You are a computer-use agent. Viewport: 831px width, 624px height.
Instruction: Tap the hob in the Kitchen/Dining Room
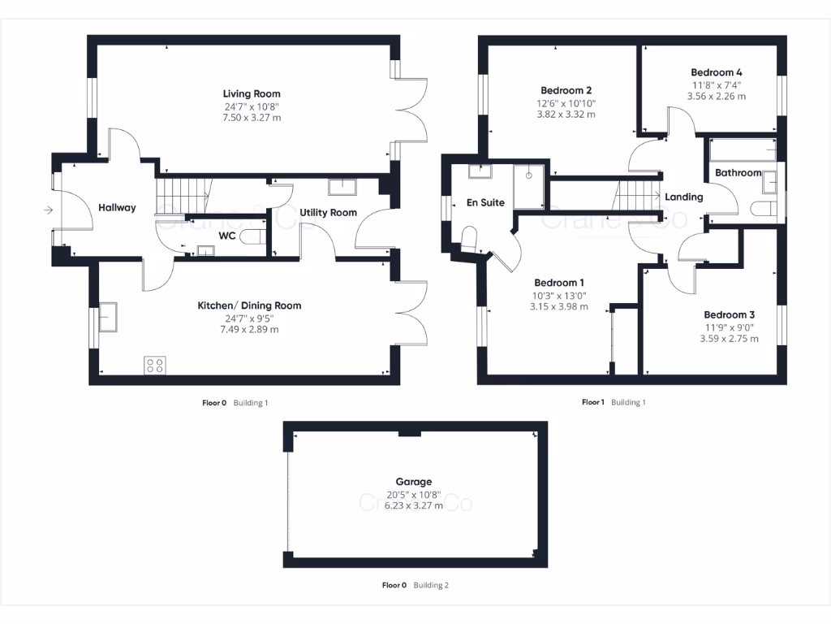(154, 365)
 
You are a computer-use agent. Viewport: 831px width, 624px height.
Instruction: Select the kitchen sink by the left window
(107, 317)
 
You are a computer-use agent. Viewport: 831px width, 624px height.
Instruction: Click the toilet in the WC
(252, 237)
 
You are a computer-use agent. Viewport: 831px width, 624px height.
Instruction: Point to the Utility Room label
(328, 213)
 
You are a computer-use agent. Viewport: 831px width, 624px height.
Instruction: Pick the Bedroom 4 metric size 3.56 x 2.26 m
(717, 96)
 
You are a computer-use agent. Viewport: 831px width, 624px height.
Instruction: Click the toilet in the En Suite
(470, 238)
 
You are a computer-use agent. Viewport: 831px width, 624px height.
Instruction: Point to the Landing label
(683, 197)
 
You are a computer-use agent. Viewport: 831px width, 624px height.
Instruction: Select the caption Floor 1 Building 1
(614, 402)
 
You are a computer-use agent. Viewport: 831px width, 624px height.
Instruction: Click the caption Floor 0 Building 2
(415, 585)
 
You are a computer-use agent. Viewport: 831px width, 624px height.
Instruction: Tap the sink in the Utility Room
(341, 187)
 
